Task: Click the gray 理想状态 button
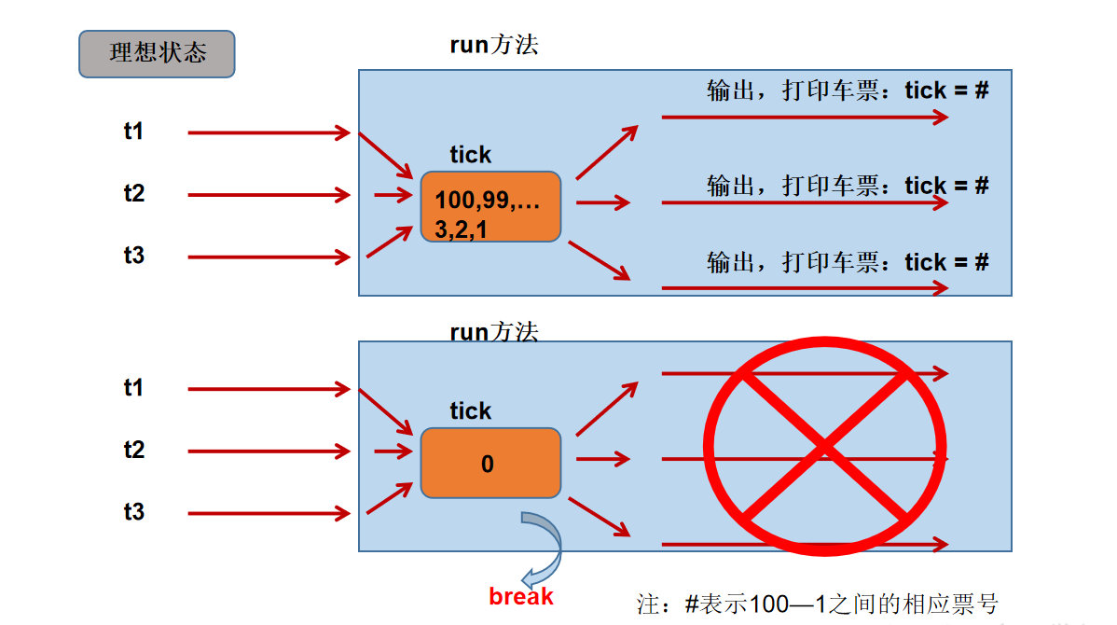pos(157,53)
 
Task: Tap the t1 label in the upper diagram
pos(134,132)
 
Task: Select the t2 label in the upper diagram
pos(134,194)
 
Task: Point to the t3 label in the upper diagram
pos(134,255)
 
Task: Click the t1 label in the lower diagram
pos(134,388)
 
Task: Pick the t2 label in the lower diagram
pos(134,451)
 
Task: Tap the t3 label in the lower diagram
pos(134,511)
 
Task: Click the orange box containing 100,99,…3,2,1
pos(490,206)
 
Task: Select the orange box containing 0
pos(490,463)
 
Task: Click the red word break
pos(521,597)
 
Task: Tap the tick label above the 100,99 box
pos(471,155)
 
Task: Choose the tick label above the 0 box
pos(471,411)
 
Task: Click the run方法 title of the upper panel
pos(494,46)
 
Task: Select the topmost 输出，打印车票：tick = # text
pos(848,90)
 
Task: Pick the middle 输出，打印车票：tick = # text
pos(848,187)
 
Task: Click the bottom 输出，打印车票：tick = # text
pos(848,263)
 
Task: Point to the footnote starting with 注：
pos(818,604)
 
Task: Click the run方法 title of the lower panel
pos(494,332)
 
